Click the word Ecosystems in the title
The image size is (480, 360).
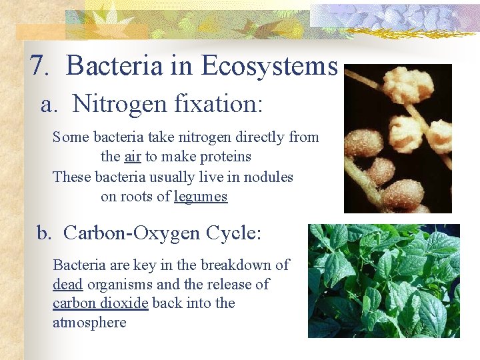269,66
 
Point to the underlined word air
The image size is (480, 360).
132,157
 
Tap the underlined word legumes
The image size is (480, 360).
201,197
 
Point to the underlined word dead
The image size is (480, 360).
67,284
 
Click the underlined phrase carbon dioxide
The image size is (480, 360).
101,303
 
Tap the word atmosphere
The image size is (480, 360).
89,323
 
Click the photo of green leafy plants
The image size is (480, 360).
383,280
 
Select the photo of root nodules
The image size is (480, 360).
397,139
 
